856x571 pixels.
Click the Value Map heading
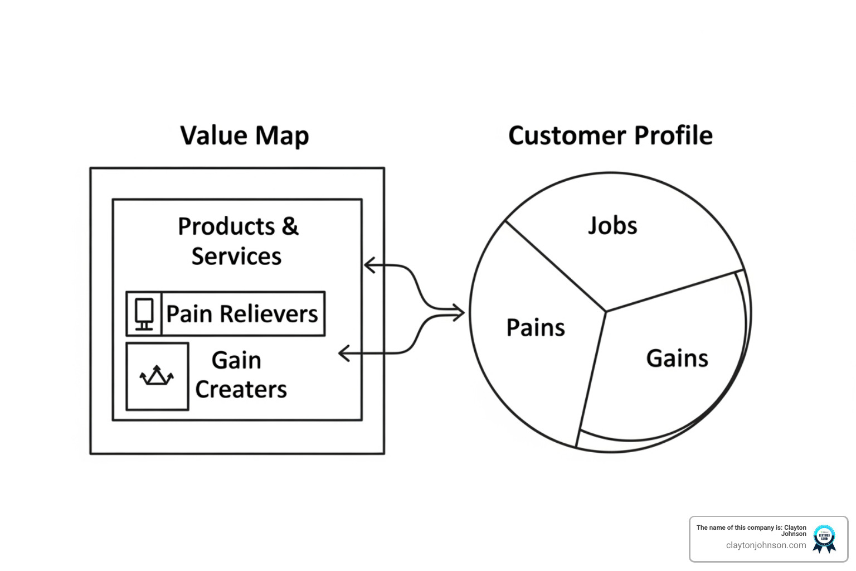tap(244, 136)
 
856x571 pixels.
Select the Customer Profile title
tap(610, 136)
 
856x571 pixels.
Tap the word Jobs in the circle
tap(612, 226)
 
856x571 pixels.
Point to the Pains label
tap(536, 328)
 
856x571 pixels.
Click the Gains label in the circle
tap(677, 359)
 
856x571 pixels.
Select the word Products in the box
tap(226, 227)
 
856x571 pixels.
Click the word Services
tap(236, 257)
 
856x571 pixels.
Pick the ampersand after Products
tap(290, 227)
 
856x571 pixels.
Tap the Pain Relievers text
tap(242, 314)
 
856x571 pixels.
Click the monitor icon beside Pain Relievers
tap(144, 314)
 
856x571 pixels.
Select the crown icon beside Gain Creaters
tap(157, 376)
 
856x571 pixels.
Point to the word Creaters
tap(241, 389)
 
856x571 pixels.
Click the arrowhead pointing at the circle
tap(459, 312)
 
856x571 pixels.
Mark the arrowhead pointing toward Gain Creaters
tap(344, 353)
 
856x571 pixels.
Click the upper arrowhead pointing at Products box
tap(369, 265)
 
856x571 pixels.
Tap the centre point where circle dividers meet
tap(606, 311)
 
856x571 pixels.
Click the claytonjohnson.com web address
tap(766, 545)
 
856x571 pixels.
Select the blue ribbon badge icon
tap(824, 539)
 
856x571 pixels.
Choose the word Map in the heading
tap(282, 136)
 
